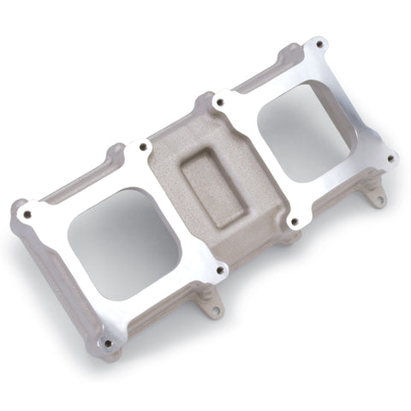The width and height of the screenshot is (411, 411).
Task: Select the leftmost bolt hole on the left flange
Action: coord(27,214)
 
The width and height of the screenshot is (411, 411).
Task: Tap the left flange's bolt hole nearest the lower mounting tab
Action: coord(220,270)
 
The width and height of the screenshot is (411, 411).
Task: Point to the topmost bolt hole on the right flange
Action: coord(319,44)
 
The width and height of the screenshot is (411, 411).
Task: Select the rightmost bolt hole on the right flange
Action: coord(390,158)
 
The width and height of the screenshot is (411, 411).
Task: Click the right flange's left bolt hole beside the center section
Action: coord(220,102)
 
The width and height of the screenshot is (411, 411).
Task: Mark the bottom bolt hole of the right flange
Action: coord(295,222)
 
